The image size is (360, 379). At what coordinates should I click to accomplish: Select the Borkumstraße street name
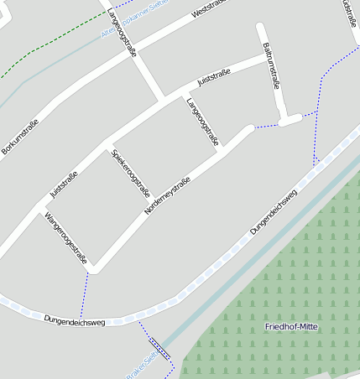(20, 137)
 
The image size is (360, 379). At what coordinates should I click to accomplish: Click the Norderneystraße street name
(168, 197)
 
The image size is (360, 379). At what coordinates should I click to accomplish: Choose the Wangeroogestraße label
(66, 238)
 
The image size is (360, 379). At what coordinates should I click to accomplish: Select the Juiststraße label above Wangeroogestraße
(64, 184)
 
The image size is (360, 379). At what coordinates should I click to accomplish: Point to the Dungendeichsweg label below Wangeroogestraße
(75, 319)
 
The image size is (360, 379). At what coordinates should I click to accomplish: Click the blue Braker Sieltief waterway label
(143, 366)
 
